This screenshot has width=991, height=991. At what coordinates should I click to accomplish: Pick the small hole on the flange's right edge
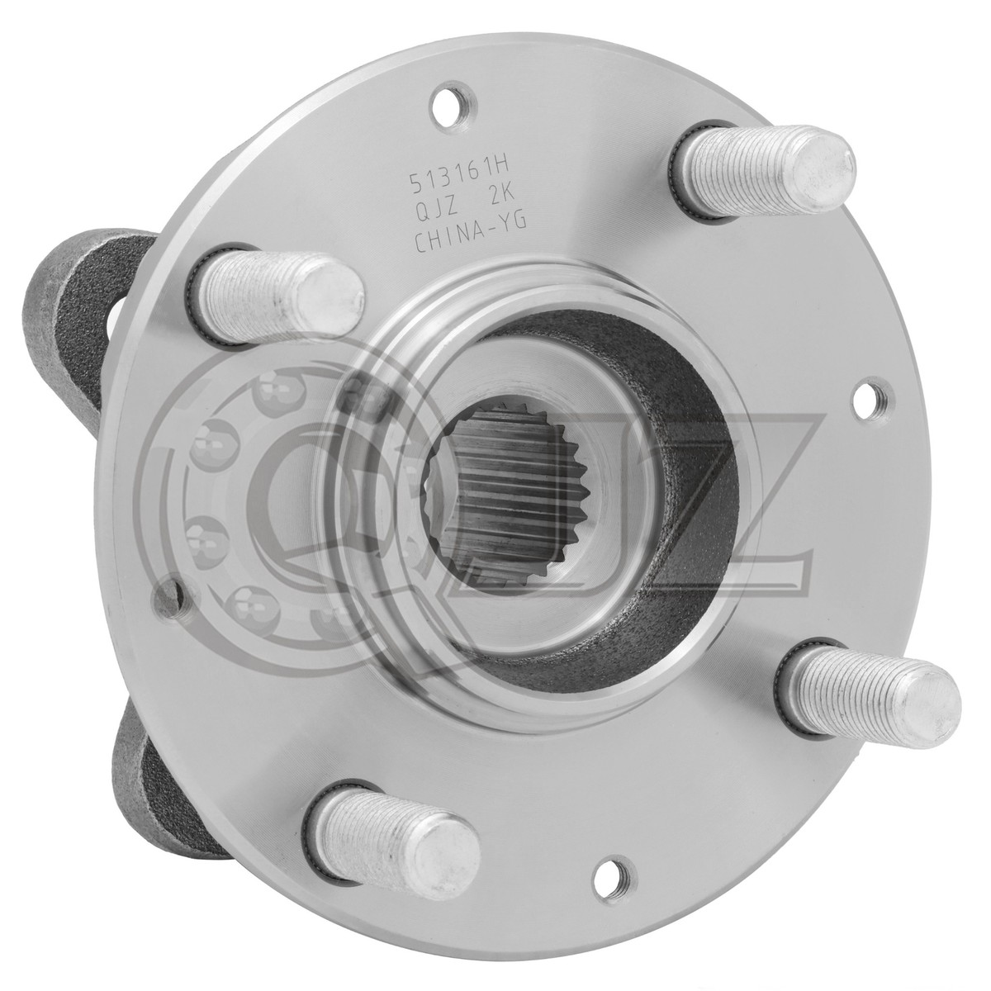(866, 393)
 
